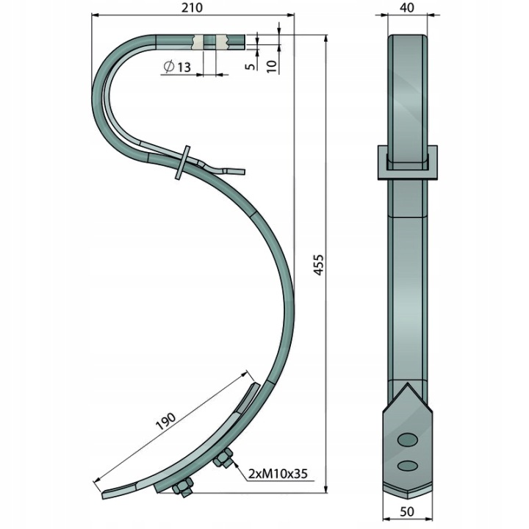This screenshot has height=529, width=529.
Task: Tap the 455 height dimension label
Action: [x=318, y=265]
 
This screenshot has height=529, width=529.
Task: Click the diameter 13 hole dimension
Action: [x=176, y=67]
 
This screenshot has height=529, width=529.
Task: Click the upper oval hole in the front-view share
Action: [x=406, y=439]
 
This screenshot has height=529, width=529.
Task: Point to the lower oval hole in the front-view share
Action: [x=406, y=464]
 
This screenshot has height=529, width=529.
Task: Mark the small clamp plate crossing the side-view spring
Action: [x=183, y=162]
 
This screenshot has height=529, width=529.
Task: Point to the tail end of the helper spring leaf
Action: [x=240, y=171]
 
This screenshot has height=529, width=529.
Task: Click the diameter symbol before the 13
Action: [x=168, y=67]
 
